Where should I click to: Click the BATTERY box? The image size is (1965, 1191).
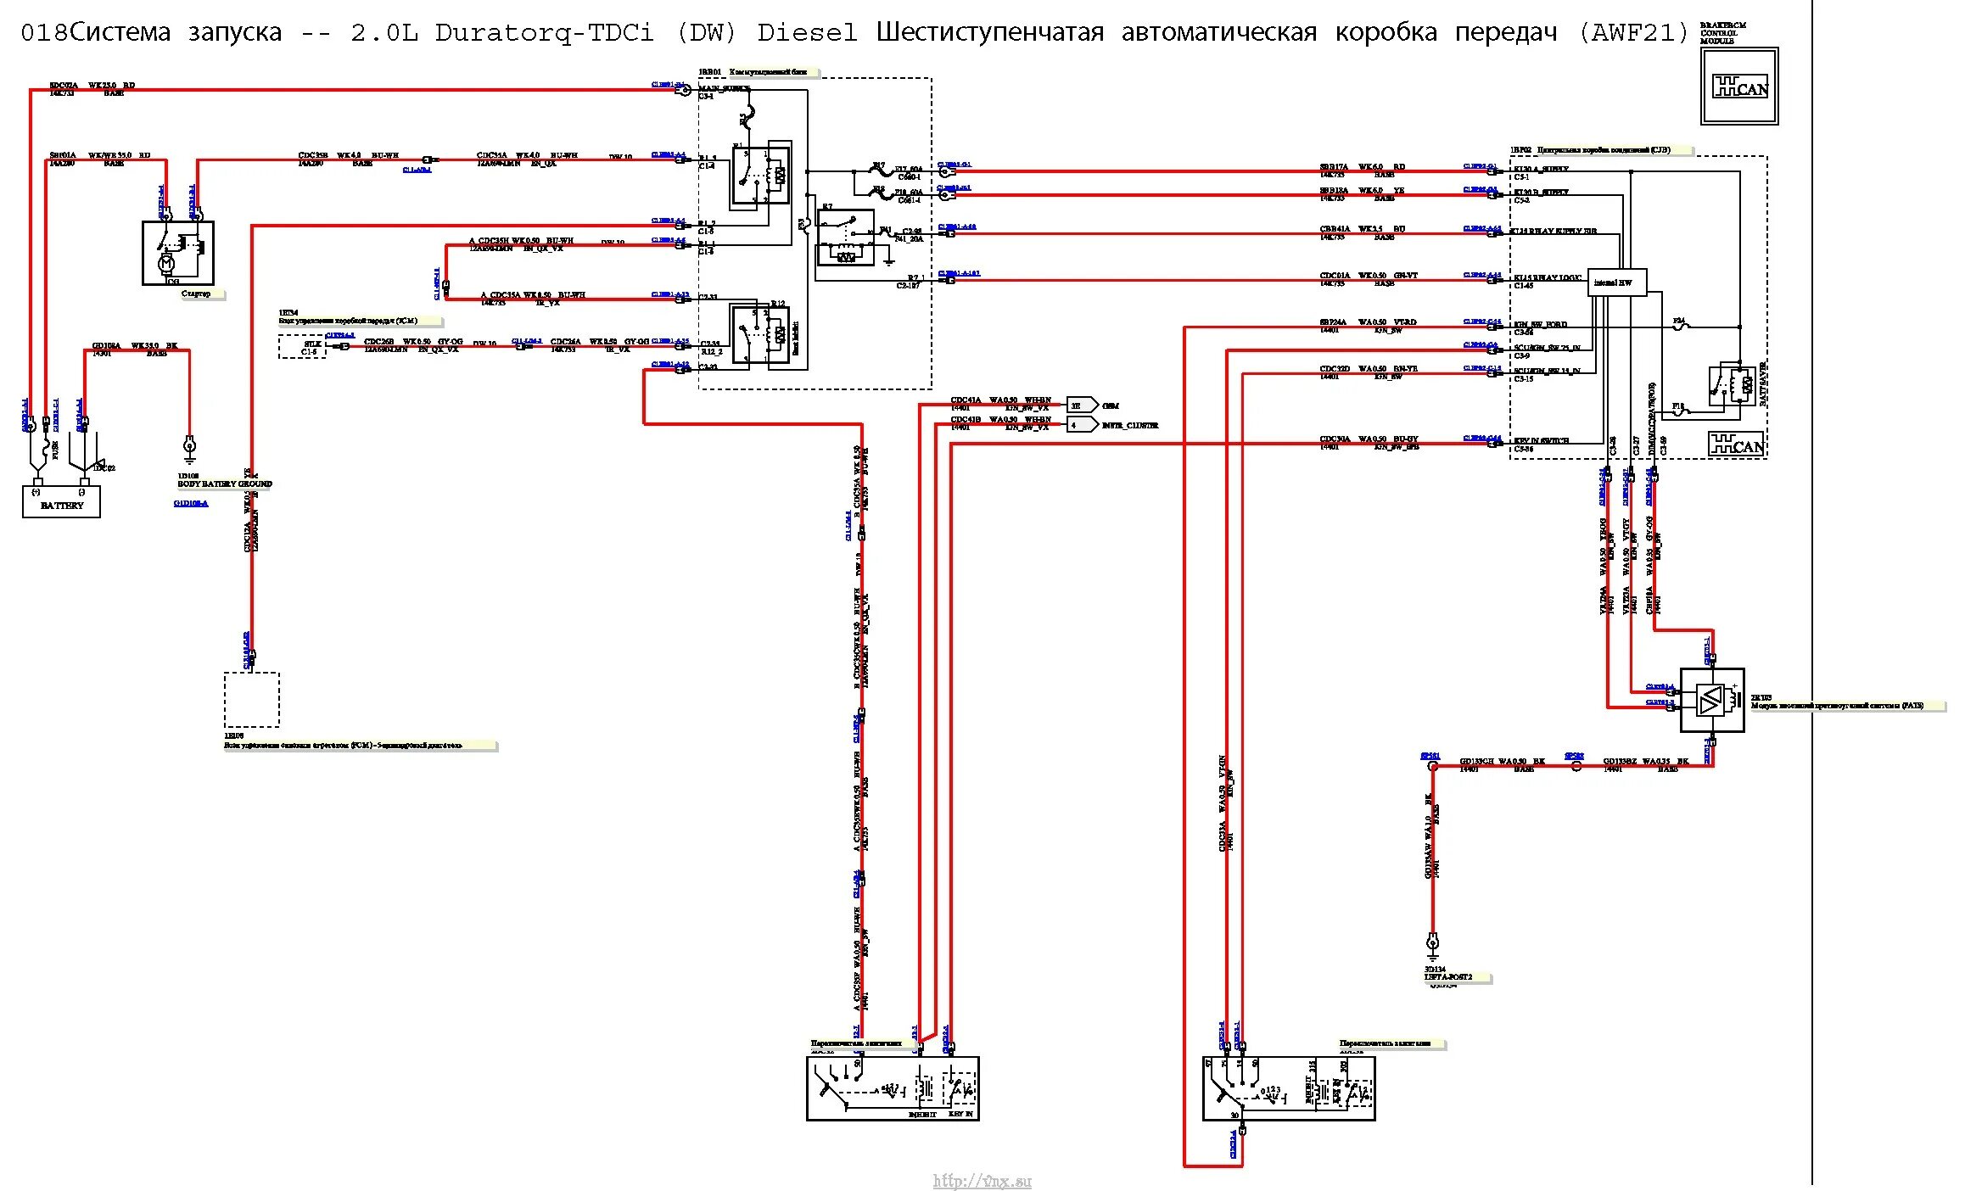click(61, 501)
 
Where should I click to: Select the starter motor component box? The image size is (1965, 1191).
click(177, 253)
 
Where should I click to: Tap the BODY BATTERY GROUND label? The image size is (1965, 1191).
click(225, 484)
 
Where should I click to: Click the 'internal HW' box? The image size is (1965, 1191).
click(1616, 282)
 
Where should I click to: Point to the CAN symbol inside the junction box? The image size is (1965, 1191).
click(1736, 445)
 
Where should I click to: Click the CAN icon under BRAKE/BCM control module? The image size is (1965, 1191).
click(1739, 87)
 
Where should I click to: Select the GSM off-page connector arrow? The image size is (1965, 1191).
click(1082, 405)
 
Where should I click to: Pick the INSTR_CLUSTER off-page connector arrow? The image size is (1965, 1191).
click(1082, 425)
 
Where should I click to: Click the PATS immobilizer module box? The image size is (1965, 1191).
click(1712, 700)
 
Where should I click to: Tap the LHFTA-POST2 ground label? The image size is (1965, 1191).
click(1448, 977)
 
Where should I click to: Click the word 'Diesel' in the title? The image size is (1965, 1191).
click(807, 33)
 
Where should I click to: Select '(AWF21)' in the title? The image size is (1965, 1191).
click(1632, 33)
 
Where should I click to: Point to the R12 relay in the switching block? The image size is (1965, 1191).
click(760, 334)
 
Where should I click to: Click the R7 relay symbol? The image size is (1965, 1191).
click(845, 238)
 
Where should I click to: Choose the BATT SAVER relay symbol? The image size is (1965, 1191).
click(1731, 386)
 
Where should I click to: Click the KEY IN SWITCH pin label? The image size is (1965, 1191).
click(1542, 441)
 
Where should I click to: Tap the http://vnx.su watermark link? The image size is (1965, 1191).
click(982, 1181)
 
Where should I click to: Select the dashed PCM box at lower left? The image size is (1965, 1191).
click(252, 700)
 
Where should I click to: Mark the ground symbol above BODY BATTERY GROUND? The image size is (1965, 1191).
click(189, 445)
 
